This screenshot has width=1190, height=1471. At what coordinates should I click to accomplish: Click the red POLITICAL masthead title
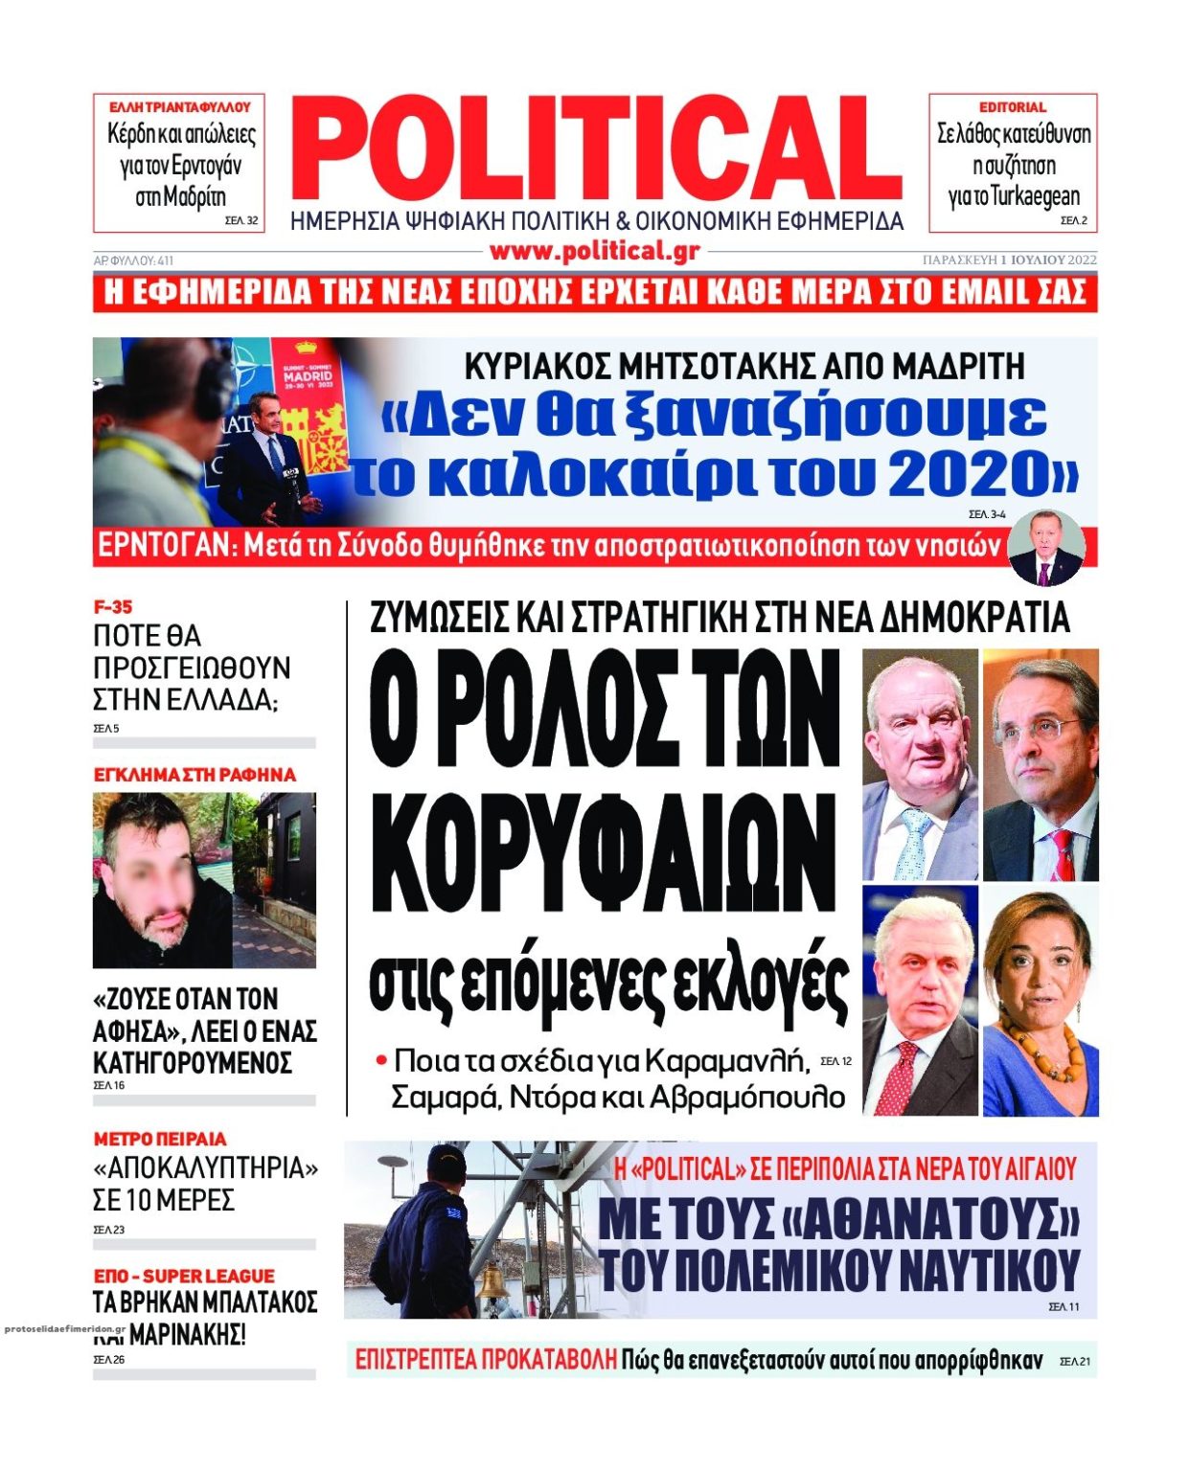[x=596, y=151]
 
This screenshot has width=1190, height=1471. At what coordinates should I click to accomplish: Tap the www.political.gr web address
[x=594, y=252]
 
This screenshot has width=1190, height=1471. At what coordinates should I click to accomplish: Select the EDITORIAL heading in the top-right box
[x=1012, y=107]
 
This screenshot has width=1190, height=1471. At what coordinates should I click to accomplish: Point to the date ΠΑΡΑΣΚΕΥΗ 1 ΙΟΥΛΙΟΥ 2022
[x=1009, y=260]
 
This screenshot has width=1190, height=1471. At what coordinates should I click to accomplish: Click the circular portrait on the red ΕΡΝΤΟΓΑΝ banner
[x=1046, y=548]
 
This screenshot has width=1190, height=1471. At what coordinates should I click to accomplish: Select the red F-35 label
[x=113, y=607]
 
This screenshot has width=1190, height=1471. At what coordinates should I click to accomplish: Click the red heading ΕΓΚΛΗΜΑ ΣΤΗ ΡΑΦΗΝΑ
[x=195, y=775]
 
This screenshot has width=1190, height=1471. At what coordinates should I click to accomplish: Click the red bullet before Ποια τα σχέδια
[x=381, y=1060]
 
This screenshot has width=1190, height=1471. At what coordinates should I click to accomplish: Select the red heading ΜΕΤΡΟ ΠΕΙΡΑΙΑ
[x=160, y=1139]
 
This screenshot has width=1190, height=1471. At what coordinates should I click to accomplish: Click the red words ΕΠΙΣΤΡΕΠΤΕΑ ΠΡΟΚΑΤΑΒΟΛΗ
[x=486, y=1360]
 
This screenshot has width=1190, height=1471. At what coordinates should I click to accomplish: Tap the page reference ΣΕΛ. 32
[x=240, y=220]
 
